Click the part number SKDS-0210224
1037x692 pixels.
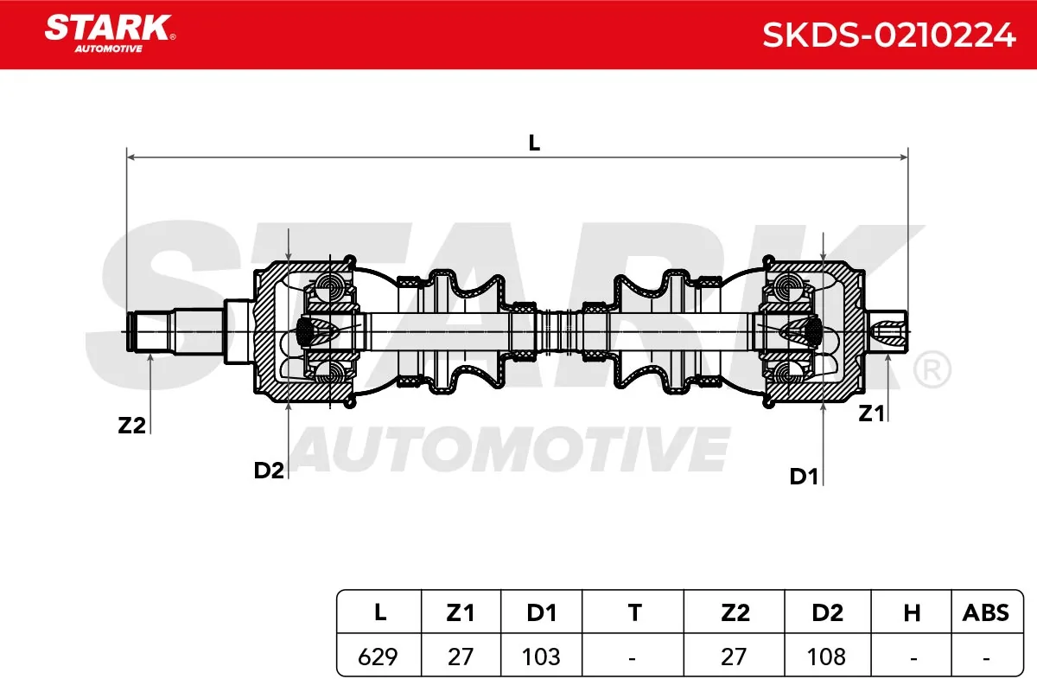[889, 35]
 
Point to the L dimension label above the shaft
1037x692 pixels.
[534, 143]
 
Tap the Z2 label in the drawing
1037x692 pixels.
[131, 425]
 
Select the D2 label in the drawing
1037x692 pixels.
[269, 471]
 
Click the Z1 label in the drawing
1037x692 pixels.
[871, 413]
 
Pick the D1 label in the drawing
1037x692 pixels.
[804, 477]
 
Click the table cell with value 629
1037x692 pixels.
[378, 657]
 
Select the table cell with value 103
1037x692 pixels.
[541, 657]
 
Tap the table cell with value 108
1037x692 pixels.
[826, 657]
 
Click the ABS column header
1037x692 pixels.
[986, 613]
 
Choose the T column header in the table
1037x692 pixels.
[634, 613]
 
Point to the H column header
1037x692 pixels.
[912, 613]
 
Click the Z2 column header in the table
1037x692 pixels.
[735, 613]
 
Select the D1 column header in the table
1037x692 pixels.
[542, 613]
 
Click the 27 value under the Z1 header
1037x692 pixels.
[460, 657]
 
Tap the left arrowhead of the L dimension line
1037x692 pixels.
[130, 157]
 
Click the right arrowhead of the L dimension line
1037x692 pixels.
[904, 157]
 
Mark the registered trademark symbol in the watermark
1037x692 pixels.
[932, 370]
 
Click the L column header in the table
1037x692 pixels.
[379, 613]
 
